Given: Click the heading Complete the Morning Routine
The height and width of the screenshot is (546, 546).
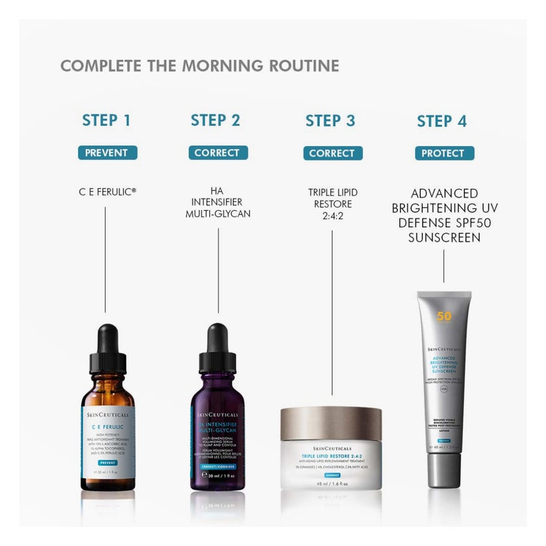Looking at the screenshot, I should (200, 66).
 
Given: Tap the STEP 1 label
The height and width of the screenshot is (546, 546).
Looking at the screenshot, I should (107, 120).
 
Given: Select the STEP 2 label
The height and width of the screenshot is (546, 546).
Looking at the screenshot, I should (215, 120).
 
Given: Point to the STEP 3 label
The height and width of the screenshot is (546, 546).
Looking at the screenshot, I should (330, 120).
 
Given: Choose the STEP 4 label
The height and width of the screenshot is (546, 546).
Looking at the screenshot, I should (442, 121).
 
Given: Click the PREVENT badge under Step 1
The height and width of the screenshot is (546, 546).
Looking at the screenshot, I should (107, 153).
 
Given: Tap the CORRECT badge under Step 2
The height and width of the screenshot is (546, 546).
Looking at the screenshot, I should (216, 153).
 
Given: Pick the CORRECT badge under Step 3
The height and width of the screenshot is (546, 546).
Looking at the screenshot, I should (331, 153).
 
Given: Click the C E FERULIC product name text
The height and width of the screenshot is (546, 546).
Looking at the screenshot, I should (107, 192).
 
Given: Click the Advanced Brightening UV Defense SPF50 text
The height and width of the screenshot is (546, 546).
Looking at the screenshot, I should (444, 215).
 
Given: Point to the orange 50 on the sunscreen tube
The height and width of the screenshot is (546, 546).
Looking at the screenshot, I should (444, 317).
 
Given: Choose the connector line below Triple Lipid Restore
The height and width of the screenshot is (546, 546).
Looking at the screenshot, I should (332, 312).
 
